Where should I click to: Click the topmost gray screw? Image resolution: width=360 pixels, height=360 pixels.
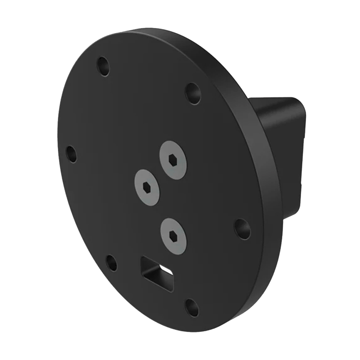point(173,159)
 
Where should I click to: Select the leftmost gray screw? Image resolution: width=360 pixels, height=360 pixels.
point(147,187)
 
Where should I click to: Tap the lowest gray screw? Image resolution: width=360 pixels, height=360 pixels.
point(174,235)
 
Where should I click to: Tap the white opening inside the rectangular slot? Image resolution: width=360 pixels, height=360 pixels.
point(166,270)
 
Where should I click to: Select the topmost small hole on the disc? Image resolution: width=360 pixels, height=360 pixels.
point(104,66)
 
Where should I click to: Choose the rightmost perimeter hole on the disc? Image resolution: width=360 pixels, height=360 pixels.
point(243,229)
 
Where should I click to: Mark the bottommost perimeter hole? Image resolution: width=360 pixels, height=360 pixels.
point(192,307)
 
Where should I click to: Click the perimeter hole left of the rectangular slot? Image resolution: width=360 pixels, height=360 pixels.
point(112,263)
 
